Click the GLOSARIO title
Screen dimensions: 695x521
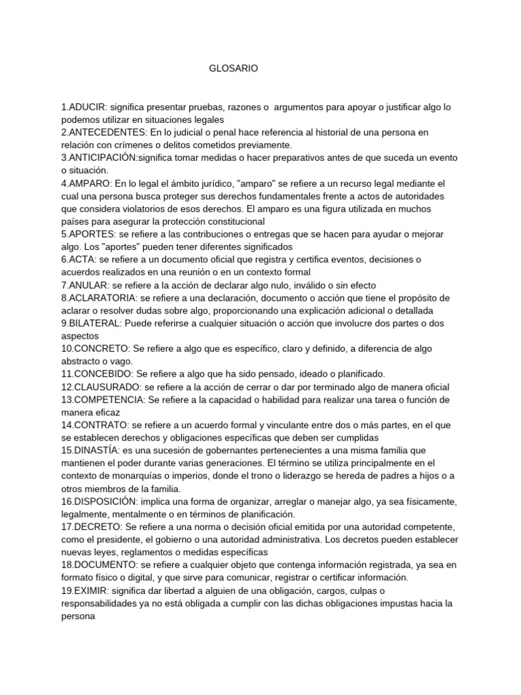pos(233,69)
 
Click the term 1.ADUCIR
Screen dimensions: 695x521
pos(83,107)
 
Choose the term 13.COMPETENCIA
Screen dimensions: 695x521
pos(102,400)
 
